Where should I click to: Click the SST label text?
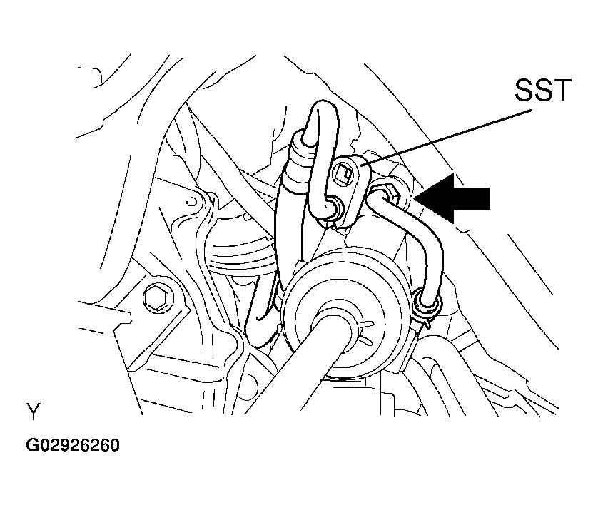click(x=543, y=90)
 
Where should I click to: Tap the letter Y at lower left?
click(x=34, y=411)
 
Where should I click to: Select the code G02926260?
click(x=73, y=445)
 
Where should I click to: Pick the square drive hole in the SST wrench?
click(x=343, y=175)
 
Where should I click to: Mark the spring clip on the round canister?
click(x=364, y=332)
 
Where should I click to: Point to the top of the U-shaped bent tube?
click(x=323, y=108)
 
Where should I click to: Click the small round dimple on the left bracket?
click(x=191, y=201)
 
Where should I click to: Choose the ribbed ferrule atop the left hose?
click(x=298, y=156)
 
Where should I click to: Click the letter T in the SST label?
click(x=562, y=91)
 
